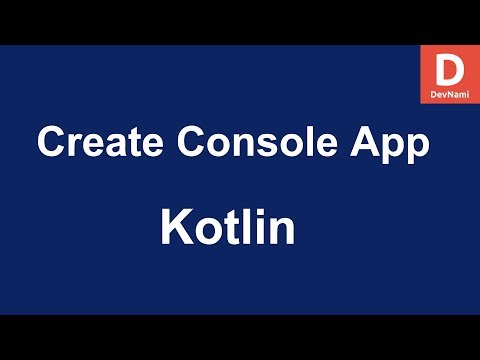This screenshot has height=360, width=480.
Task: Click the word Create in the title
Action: coord(94,143)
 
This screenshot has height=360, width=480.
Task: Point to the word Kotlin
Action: coord(228,229)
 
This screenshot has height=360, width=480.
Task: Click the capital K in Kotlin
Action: coord(175,229)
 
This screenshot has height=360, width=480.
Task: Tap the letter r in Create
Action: coord(74,146)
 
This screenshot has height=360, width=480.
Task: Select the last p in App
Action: coord(419,148)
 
